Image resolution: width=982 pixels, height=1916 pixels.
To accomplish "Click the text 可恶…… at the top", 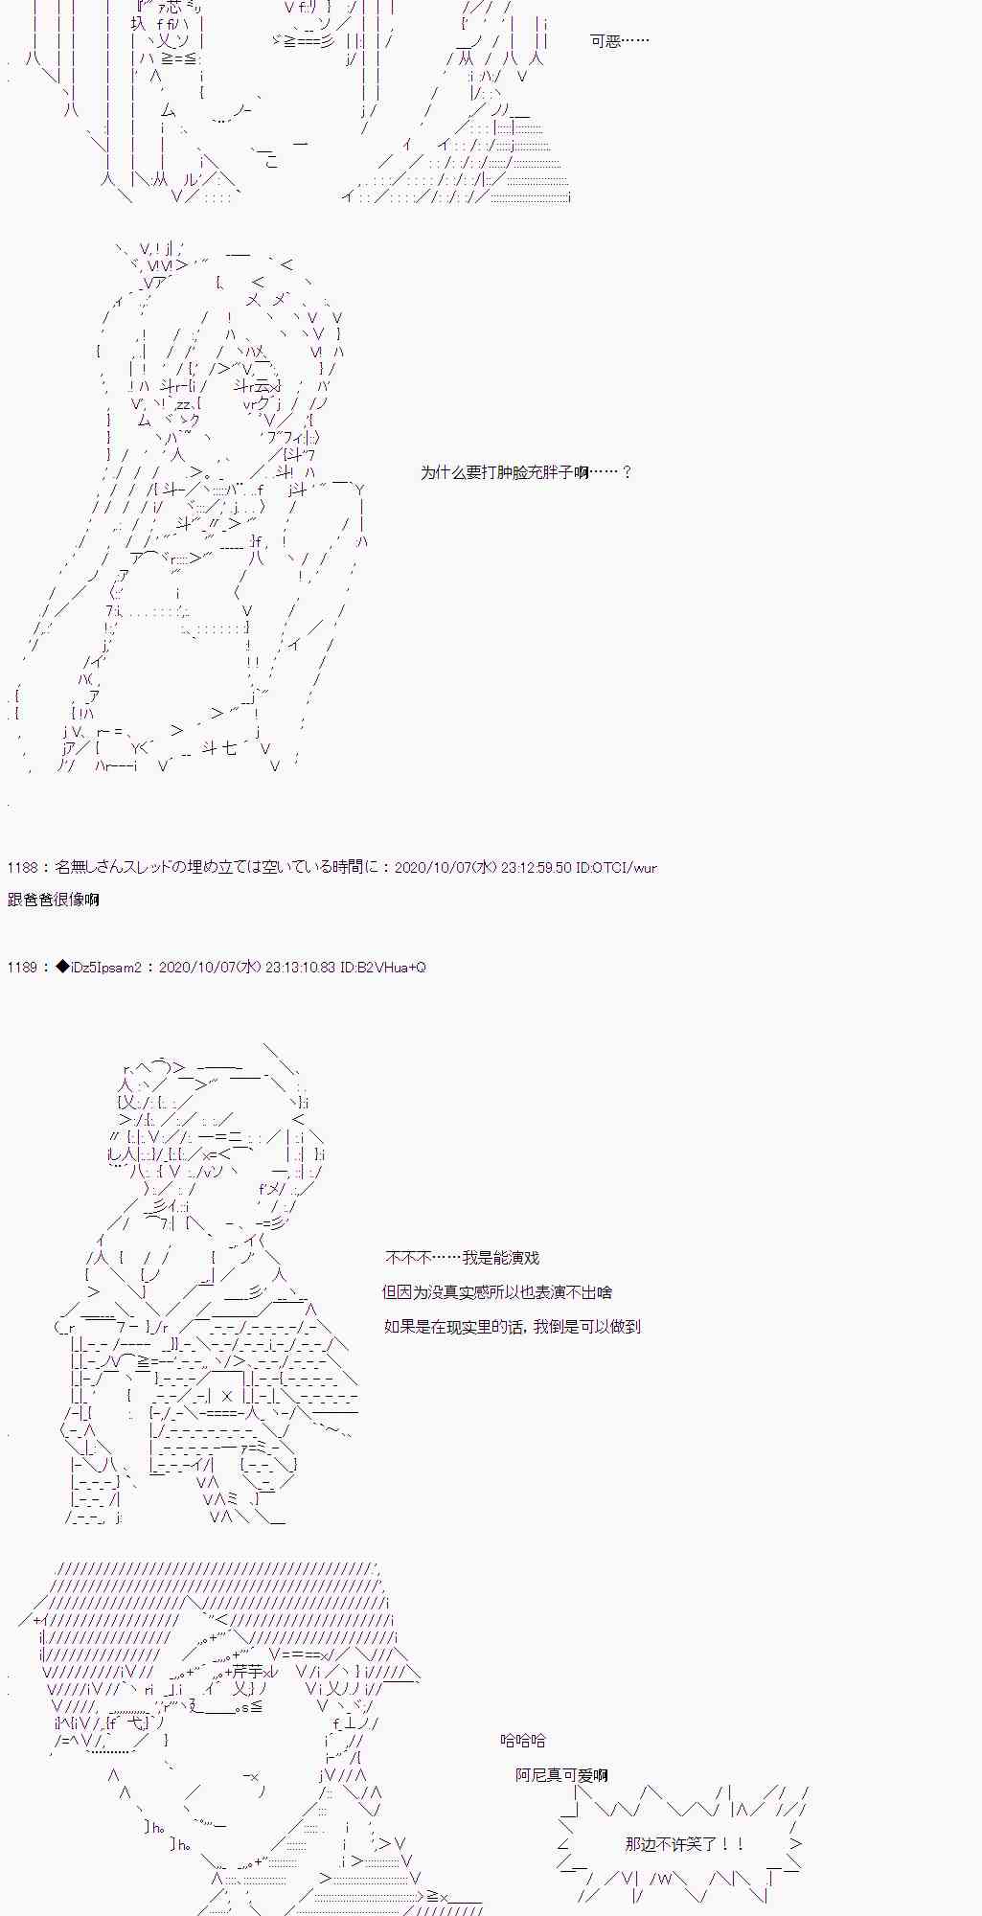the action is [620, 41].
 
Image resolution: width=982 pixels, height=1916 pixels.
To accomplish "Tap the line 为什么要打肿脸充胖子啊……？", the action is [526, 472].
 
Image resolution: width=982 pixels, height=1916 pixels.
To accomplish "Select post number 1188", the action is [21, 868].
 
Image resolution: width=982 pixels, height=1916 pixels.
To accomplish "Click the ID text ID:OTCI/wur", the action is [616, 868].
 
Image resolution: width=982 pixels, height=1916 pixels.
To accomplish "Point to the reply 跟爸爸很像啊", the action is [53, 900].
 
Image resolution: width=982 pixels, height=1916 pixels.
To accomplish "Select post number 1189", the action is [21, 968].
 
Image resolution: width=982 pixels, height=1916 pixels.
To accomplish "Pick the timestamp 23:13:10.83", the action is [300, 968].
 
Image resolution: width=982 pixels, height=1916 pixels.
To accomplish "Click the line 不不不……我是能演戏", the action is [463, 1258].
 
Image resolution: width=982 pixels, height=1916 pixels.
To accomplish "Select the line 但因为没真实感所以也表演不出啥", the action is [496, 1292].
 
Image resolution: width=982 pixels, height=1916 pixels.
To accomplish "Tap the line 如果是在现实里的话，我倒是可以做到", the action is [513, 1327].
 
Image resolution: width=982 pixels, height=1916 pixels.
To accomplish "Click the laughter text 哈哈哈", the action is [523, 1741].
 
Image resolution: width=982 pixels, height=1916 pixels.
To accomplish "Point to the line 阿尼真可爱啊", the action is [561, 1775].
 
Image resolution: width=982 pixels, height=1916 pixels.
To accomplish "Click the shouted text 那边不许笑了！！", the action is [684, 1844].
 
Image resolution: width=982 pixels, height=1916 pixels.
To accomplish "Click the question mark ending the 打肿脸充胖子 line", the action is [627, 472].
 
